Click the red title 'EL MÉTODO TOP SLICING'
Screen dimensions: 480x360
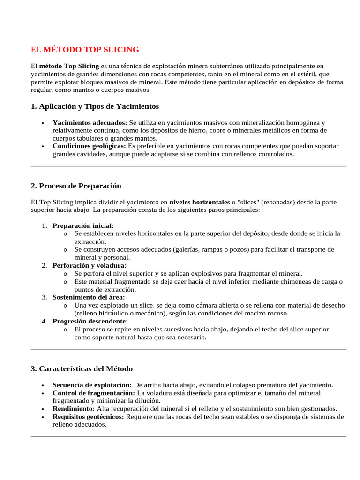(85, 50)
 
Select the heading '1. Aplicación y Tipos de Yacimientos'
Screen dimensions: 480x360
(95, 106)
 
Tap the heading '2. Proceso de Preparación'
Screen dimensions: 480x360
(76, 186)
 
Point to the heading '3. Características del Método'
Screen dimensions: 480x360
(82, 368)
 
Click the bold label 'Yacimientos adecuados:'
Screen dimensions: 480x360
(90, 122)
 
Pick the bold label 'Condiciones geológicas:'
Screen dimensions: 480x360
(89, 146)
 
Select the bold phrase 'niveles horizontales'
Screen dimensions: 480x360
(199, 202)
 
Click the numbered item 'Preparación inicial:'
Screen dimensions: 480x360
(83, 225)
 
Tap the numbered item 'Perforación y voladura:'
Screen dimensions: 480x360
(89, 265)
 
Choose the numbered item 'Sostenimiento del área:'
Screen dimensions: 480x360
(89, 297)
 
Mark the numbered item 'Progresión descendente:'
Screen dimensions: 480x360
(90, 321)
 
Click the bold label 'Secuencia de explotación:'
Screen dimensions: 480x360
(92, 385)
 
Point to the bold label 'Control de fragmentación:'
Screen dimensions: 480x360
(93, 393)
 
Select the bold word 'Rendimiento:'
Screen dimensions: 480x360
(74, 409)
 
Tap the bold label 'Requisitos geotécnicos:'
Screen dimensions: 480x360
(89, 417)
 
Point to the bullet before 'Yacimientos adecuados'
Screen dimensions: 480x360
(43, 123)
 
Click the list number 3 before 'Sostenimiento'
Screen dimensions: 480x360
(44, 297)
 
